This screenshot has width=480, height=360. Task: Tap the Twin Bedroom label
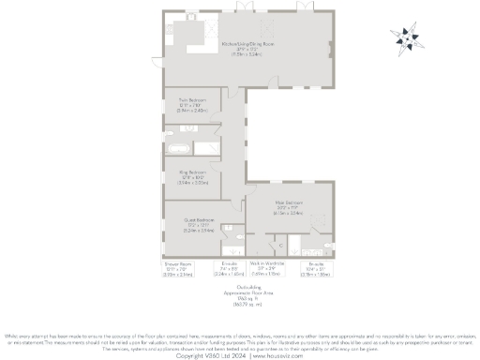(x=192, y=98)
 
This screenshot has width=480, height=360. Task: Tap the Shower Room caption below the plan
(x=171, y=264)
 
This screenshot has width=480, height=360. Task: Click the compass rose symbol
(x=408, y=38)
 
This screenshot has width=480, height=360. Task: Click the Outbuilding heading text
(x=240, y=286)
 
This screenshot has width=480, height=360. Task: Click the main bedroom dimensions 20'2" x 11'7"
(x=288, y=208)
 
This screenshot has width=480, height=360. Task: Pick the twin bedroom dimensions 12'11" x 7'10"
(x=192, y=104)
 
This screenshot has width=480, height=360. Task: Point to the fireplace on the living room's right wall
(x=334, y=66)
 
